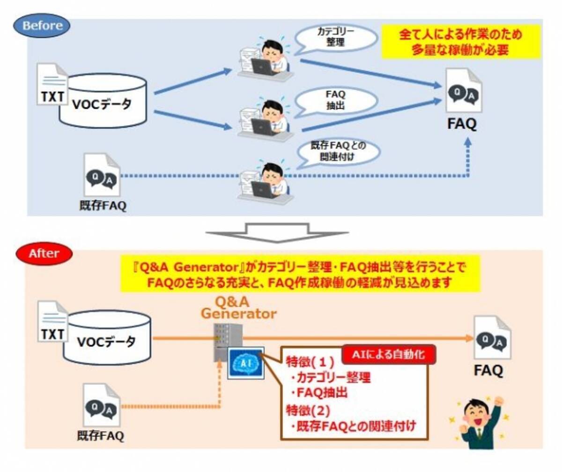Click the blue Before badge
point(43,25)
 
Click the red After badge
point(44,254)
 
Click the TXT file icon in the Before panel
point(52,85)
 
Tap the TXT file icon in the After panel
point(52,323)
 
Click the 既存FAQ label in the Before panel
point(103,206)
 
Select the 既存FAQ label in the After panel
point(101,436)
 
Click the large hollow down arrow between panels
point(277,232)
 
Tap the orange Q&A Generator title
point(238,308)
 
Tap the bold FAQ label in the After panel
point(488,370)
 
